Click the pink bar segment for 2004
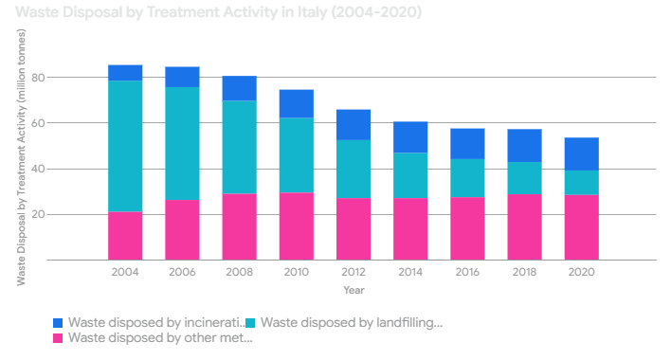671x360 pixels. [x=125, y=236]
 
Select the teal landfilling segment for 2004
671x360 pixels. [x=125, y=146]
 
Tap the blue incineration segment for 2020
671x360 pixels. [x=582, y=153]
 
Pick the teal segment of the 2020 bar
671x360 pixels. [x=582, y=183]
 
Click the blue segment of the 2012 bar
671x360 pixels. [x=354, y=125]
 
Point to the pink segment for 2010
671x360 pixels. [x=297, y=226]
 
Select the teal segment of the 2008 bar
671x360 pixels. [x=239, y=147]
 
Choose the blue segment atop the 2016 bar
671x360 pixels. [x=467, y=144]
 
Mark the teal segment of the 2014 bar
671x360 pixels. [x=410, y=175]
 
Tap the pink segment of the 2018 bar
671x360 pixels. [x=525, y=227]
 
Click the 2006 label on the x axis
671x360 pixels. [x=182, y=272]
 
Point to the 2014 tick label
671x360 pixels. [x=410, y=272]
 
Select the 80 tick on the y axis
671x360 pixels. [x=38, y=78]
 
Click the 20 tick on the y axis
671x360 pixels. [x=38, y=215]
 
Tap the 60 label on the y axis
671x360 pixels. [x=38, y=123]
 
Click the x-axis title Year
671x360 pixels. [x=354, y=290]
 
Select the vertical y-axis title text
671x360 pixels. [x=21, y=157]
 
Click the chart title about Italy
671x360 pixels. [x=218, y=12]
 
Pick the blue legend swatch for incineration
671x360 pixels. [x=58, y=323]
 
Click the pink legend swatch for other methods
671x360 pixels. [x=58, y=338]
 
